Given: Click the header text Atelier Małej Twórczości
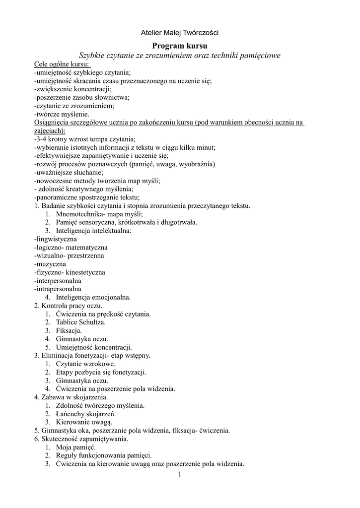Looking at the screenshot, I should tap(180, 33).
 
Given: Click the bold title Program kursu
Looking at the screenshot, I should tap(180, 46).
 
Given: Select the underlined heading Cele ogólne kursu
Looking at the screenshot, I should tap(62, 64).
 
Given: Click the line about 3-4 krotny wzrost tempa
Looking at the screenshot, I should tap(85, 139).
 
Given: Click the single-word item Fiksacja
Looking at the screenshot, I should tap(69, 330).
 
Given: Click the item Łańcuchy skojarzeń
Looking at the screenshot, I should tap(86, 414).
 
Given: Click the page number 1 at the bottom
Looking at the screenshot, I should tap(180, 475).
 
